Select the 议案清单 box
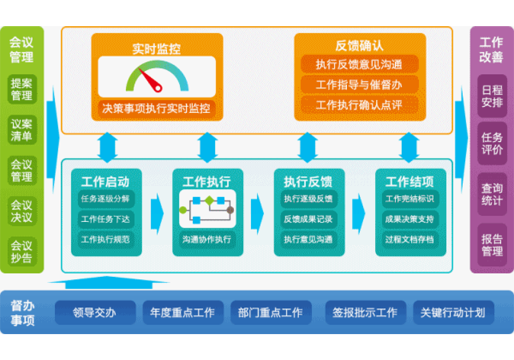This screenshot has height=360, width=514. point(22,130)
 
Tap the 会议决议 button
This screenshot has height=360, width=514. point(22,211)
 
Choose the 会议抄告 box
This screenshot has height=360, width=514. point(22,252)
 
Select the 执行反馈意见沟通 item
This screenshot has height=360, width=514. point(359,64)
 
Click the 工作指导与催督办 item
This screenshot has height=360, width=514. point(359,85)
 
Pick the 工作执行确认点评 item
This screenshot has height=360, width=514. point(359,105)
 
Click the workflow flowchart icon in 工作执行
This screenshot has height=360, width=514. point(207,209)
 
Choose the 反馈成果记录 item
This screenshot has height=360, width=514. point(308,219)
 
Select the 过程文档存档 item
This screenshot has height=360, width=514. point(409,239)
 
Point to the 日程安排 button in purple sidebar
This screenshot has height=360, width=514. point(492,96)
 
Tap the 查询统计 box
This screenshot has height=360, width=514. point(492,194)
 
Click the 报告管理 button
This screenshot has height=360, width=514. point(492,245)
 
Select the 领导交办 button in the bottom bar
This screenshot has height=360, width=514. point(95,313)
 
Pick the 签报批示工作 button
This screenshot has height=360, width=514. point(365,313)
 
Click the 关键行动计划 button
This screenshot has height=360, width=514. point(453,313)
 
